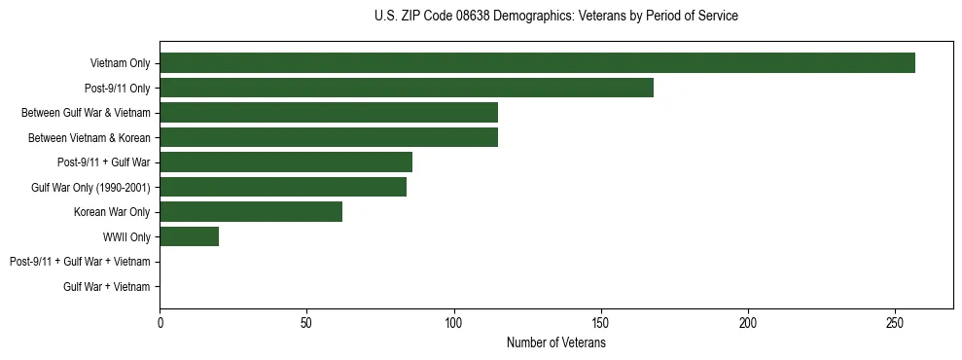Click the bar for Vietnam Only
[537, 62]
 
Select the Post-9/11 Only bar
[407, 88]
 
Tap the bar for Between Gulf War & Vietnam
[329, 112]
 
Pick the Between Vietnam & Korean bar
[329, 137]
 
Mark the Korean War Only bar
[251, 211]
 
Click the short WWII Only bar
[189, 236]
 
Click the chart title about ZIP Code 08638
[555, 17]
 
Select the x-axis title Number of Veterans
[555, 342]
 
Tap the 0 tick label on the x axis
[160, 323]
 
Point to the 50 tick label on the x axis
[306, 323]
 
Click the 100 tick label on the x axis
[453, 323]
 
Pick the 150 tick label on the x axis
[601, 323]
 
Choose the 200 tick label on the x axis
[748, 323]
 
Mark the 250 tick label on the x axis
[895, 323]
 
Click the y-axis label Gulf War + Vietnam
[106, 286]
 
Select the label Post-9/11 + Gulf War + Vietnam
[80, 262]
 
